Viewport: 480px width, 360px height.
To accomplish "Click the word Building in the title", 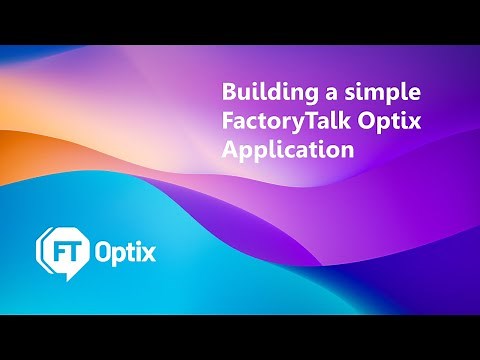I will tap(263, 94).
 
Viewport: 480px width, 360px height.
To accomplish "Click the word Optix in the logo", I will tap(125, 249).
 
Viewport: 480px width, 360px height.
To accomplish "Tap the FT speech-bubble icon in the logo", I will tap(63, 249).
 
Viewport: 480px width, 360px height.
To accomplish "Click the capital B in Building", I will tap(229, 94).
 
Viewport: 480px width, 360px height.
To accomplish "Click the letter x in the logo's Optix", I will tap(150, 249).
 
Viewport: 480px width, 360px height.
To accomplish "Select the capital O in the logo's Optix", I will tap(104, 249).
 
